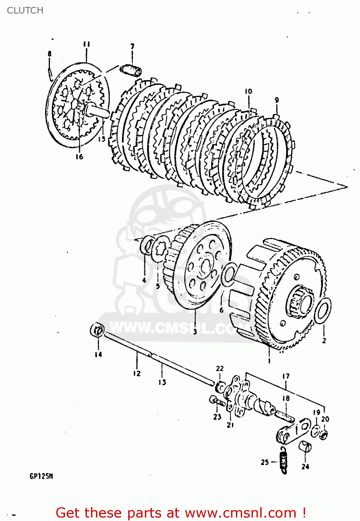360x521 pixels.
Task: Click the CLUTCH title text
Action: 25,10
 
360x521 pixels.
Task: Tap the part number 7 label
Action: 132,47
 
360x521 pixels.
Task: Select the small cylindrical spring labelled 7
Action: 131,69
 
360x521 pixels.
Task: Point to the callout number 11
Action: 87,44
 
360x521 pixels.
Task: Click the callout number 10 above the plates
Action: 248,92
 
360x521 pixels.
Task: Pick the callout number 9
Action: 277,100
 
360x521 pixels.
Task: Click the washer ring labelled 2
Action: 323,310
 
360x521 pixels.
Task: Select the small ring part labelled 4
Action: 146,246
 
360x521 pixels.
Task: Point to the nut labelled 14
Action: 97,330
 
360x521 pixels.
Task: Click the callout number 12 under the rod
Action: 137,373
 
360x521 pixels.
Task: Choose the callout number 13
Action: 162,382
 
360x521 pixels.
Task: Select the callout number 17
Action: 286,376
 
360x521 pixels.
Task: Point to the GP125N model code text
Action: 41,476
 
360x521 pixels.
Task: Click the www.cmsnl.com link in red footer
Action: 240,513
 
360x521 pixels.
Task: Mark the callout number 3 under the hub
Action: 195,331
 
